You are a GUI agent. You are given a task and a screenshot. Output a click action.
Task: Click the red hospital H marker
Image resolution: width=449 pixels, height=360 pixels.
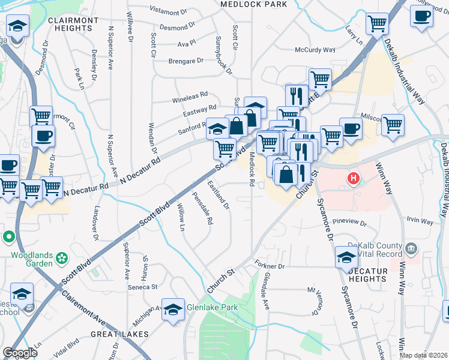pyautogui.click(x=354, y=178)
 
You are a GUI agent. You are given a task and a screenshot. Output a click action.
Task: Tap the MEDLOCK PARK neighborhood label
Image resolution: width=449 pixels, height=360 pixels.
pyautogui.click(x=253, y=4)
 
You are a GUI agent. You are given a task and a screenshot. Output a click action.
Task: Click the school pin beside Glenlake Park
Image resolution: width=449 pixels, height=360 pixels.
pyautogui.click(x=173, y=310)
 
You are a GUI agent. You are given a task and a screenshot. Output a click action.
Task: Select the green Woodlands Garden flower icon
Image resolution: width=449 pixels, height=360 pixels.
pyautogui.click(x=61, y=259)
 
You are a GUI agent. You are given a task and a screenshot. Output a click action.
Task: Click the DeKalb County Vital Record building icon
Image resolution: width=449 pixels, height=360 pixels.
pyautogui.click(x=411, y=248)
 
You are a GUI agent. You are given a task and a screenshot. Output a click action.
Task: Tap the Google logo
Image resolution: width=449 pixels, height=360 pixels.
pyautogui.click(x=20, y=353)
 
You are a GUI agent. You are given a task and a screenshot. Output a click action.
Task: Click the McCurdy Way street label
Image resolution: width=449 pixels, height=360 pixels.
pyautogui.click(x=315, y=50)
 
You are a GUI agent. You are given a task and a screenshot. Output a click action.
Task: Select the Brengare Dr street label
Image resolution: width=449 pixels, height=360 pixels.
pyautogui.click(x=185, y=61)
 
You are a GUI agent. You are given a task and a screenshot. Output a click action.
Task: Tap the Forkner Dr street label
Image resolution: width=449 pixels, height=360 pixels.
pyautogui.click(x=272, y=265)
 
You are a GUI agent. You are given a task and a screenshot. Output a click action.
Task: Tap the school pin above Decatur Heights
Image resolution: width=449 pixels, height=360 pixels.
pyautogui.click(x=346, y=256)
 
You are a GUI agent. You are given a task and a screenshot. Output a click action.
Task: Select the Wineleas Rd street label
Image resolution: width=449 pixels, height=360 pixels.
pyautogui.click(x=190, y=95)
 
